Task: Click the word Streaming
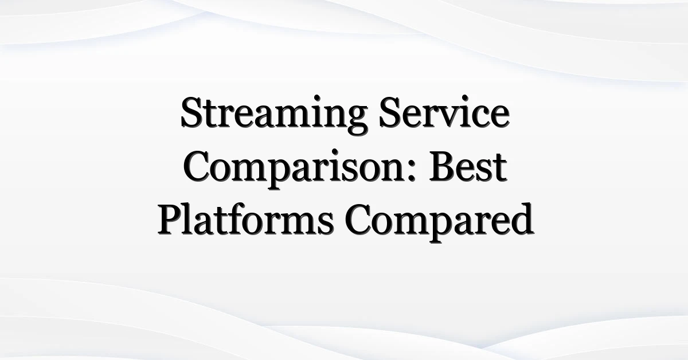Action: click(x=273, y=115)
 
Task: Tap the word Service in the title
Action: click(x=444, y=111)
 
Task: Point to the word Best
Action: click(x=468, y=165)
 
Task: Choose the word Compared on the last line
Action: click(x=439, y=222)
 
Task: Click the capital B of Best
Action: click(x=443, y=166)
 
